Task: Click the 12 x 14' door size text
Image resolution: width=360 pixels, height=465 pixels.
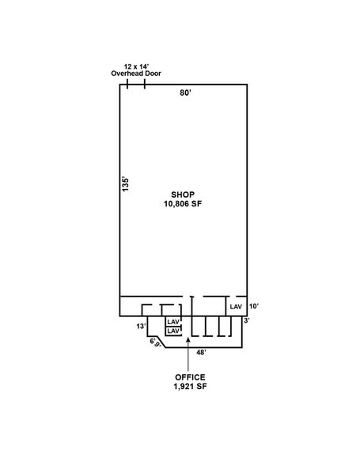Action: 136,66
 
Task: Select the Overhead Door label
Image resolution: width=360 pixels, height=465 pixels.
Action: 136,74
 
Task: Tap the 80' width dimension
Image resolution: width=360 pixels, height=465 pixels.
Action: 185,93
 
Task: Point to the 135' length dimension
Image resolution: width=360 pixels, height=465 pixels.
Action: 126,184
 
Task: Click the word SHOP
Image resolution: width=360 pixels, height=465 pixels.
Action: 183,195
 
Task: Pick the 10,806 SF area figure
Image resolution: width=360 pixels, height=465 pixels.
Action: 183,204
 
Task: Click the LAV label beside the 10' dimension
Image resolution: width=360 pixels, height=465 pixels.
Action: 236,307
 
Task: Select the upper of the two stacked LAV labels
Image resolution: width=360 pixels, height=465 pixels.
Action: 173,322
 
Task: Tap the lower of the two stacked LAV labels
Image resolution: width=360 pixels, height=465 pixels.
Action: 173,331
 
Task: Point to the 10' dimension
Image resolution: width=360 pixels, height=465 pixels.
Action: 254,306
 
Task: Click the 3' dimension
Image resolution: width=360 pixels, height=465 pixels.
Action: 247,320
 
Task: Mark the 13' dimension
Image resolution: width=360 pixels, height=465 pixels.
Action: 142,326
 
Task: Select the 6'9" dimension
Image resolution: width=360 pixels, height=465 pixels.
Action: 156,343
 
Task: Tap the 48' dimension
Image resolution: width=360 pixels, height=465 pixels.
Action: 202,353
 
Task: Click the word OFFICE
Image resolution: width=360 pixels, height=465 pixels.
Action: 190,377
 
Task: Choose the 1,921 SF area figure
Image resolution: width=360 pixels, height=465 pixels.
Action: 190,387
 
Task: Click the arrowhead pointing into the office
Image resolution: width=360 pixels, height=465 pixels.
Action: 188,340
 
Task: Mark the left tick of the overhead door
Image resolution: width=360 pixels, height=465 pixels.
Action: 127,84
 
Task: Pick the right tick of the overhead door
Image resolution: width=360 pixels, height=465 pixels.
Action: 145,84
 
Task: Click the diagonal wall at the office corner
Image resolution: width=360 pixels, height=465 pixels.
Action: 161,342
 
